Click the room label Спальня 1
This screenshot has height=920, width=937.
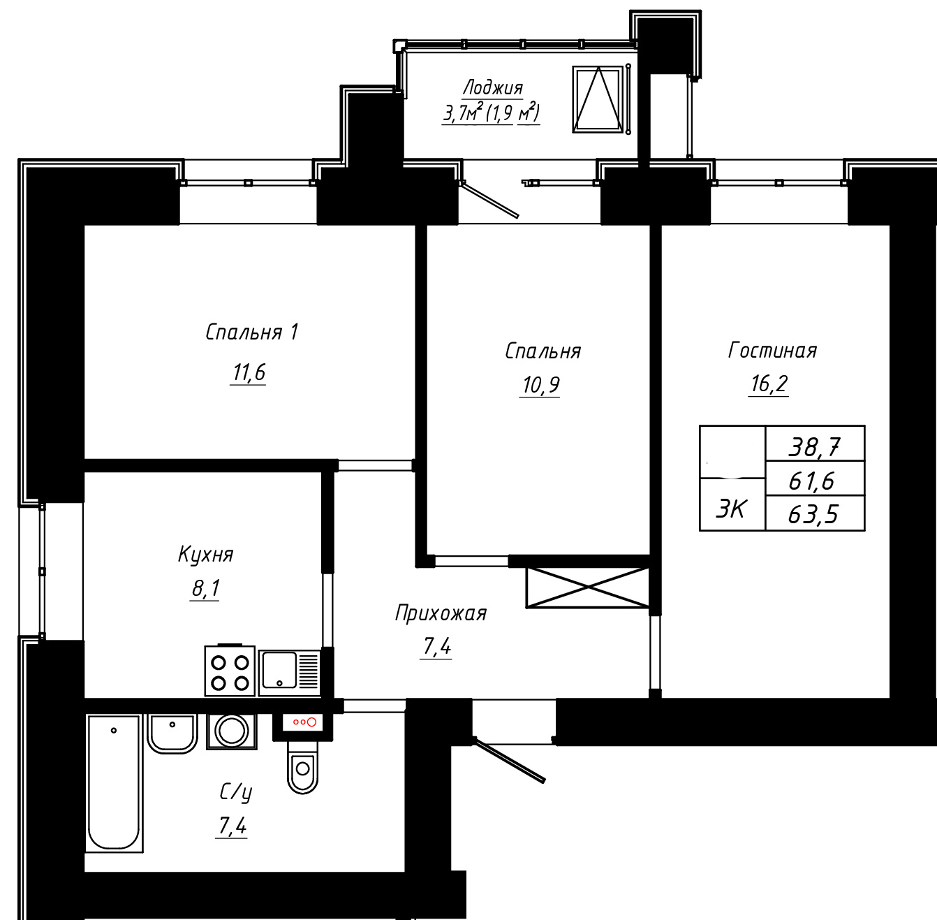point(251,333)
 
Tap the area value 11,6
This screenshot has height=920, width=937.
point(249,372)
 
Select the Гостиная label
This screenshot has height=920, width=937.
point(772,350)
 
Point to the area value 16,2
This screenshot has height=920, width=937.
point(769,384)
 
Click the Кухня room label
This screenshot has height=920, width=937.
point(206,555)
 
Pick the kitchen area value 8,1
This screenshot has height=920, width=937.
point(205,588)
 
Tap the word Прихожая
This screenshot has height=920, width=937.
point(441,613)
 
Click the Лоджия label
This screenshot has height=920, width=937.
point(492,88)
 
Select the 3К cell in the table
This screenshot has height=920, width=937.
point(731,509)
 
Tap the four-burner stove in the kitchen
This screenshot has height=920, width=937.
point(230,671)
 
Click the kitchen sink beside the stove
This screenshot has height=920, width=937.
point(289,673)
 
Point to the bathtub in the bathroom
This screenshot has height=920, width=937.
point(115,783)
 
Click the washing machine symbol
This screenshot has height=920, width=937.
point(231,731)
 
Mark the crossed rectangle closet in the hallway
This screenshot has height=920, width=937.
point(587,587)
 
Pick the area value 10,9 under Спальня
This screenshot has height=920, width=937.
point(540,386)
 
